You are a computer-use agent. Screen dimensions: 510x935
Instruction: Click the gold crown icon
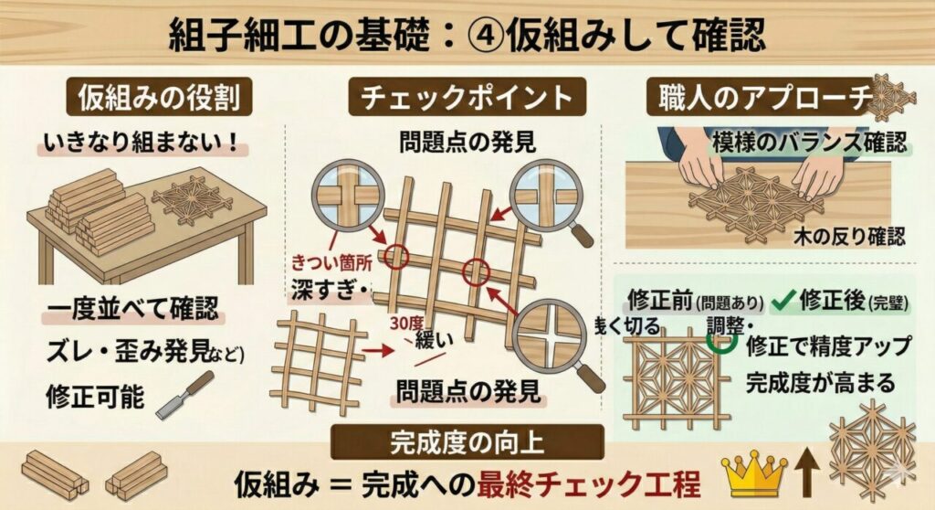(x=753, y=472)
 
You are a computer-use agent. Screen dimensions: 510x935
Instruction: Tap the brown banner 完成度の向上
(x=467, y=442)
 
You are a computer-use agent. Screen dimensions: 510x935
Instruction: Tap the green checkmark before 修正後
(x=781, y=299)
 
